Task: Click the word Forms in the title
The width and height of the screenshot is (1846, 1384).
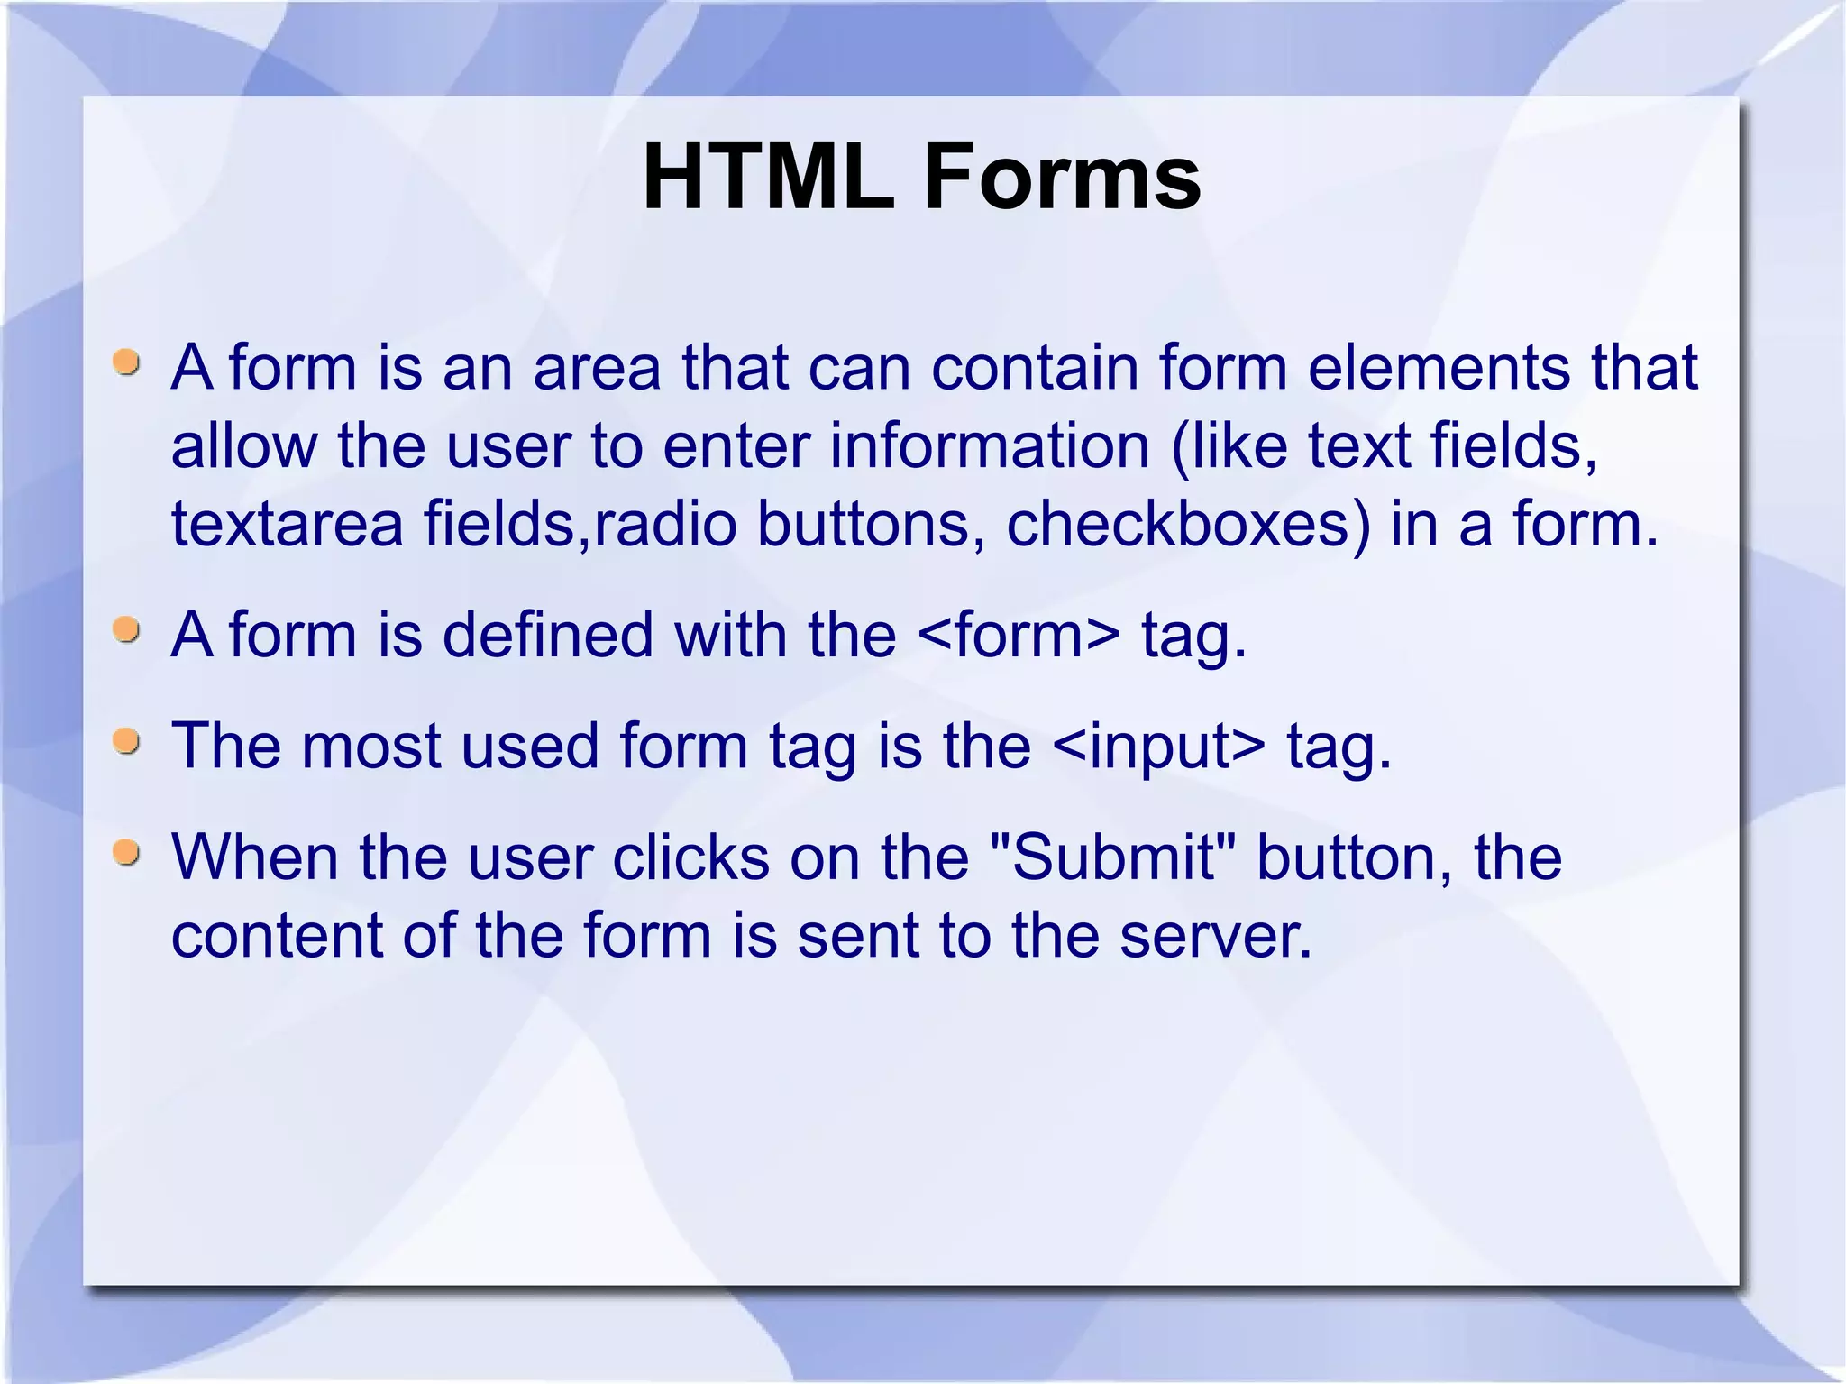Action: (x=1061, y=177)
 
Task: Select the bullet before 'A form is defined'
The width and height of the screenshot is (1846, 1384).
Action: (x=127, y=630)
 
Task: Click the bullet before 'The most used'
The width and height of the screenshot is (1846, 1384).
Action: (x=127, y=742)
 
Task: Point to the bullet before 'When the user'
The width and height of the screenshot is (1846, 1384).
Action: (x=127, y=852)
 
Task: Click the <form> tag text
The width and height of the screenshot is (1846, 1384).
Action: (x=1019, y=635)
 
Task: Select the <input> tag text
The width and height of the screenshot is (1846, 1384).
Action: (x=1158, y=746)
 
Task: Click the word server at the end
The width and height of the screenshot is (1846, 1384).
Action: (x=1212, y=935)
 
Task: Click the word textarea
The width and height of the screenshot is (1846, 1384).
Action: (x=287, y=524)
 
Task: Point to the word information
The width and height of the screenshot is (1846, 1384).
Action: (x=989, y=445)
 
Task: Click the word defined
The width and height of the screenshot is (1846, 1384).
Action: (x=547, y=635)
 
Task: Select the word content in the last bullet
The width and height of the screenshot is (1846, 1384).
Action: (x=276, y=935)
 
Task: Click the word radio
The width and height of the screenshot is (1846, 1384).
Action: (x=665, y=524)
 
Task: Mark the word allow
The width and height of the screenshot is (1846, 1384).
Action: (x=244, y=445)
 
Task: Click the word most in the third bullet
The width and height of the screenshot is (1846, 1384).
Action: (x=370, y=746)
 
